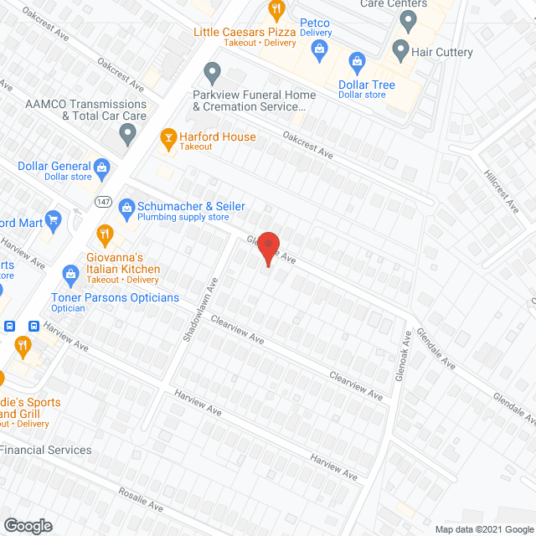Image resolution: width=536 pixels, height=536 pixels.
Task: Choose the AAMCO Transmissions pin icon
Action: point(127,132)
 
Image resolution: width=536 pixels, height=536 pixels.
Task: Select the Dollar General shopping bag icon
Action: point(102,167)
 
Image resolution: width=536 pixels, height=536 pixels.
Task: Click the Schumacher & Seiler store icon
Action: point(127,206)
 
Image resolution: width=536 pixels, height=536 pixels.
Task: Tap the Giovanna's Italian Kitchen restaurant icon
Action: point(105,234)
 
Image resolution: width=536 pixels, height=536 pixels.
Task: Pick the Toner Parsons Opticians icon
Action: point(70,274)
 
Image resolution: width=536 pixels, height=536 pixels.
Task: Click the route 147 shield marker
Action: point(103,201)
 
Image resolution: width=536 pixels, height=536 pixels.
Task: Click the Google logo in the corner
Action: point(27,525)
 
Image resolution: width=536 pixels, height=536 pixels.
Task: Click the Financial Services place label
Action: point(46,450)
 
